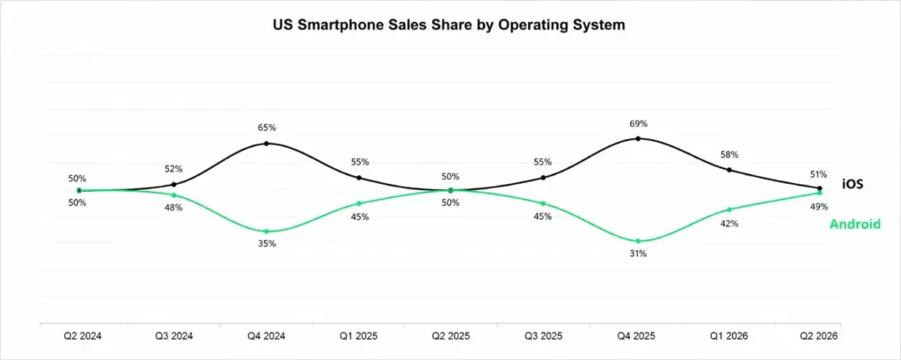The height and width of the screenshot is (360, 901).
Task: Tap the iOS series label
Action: (x=853, y=184)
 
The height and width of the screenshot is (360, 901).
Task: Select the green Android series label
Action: (x=854, y=224)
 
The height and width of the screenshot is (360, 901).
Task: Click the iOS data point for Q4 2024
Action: (x=266, y=143)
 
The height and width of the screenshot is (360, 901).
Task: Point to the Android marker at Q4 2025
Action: (x=638, y=241)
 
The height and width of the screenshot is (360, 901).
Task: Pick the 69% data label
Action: (x=639, y=123)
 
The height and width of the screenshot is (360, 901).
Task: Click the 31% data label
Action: (x=638, y=253)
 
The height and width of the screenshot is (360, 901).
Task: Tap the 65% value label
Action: (x=267, y=128)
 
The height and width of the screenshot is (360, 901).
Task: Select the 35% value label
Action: (x=267, y=244)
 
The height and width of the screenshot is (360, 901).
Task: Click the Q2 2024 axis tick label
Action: (x=80, y=336)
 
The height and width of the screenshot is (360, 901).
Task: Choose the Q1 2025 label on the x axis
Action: (x=359, y=336)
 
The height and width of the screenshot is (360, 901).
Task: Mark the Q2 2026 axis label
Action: (x=820, y=336)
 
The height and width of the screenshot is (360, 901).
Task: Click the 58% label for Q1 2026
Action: (x=729, y=155)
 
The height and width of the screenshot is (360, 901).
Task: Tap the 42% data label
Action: (x=729, y=224)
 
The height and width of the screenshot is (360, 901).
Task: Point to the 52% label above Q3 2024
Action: (x=173, y=169)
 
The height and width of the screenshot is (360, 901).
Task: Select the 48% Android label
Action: (x=173, y=208)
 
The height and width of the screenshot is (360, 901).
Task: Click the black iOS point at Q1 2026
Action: (x=729, y=170)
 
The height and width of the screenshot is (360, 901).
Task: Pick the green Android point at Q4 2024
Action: (x=266, y=231)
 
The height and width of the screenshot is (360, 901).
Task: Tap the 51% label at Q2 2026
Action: (x=818, y=174)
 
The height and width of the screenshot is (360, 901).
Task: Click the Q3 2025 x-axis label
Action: (x=544, y=336)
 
